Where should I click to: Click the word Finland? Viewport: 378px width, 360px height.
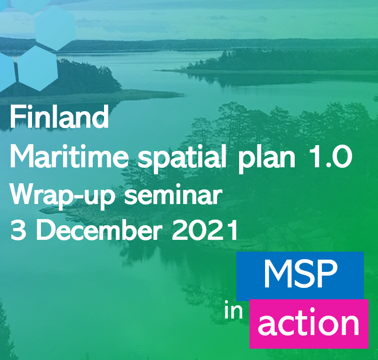(59, 118)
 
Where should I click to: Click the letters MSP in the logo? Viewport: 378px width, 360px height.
(300, 275)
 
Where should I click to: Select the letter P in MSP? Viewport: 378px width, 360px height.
(327, 275)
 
